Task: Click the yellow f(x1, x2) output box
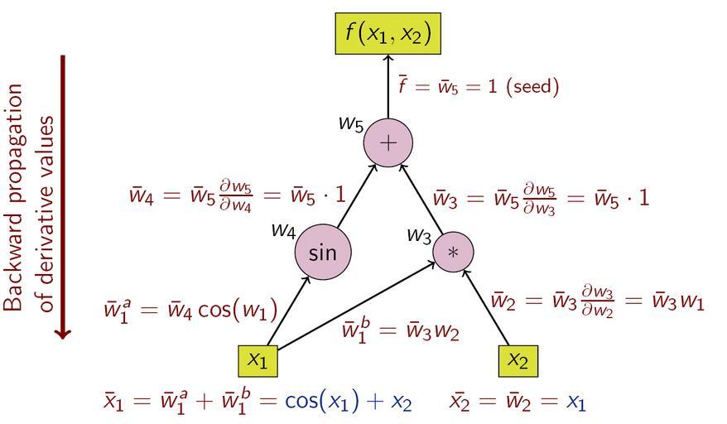[388, 34]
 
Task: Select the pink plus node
[388, 143]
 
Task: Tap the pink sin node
[323, 252]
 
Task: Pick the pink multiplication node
[453, 252]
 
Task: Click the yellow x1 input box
[258, 360]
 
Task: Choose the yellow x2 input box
[518, 360]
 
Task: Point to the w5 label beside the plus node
[350, 123]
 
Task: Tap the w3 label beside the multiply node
[418, 234]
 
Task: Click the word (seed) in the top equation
[532, 86]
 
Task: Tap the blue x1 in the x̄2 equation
[576, 403]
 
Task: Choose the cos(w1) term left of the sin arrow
[238, 311]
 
